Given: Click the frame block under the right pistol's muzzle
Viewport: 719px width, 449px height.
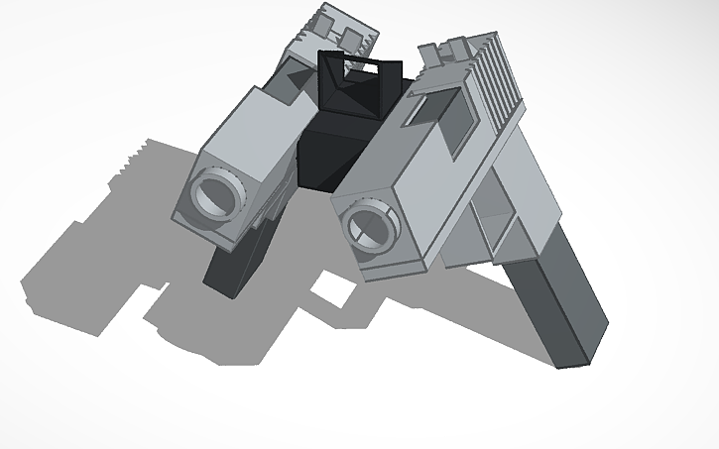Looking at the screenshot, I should [392, 262].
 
